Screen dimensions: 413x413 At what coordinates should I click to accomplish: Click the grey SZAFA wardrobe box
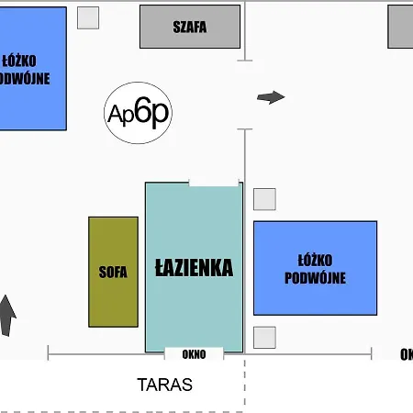coord(190,27)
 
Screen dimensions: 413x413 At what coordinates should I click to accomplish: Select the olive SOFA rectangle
coord(113,271)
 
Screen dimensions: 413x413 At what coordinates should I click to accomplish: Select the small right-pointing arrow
coord(271,97)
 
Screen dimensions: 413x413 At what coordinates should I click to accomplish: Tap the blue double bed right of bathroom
coord(315,267)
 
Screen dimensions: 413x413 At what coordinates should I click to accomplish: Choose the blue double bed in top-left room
coord(31,69)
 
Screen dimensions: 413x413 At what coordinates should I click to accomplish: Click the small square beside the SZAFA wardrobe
coord(88,17)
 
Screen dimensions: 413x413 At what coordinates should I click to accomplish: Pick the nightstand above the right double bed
coord(264,199)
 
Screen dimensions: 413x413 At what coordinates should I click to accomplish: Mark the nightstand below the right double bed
coord(264,337)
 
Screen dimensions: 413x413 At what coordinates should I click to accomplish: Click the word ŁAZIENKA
coord(194,268)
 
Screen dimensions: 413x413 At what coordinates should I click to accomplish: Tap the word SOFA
coord(113,272)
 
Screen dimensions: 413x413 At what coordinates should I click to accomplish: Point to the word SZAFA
coord(190,27)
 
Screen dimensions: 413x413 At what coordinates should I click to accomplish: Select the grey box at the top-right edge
coord(400,26)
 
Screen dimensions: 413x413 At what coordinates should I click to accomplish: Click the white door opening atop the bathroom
coord(213,183)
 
